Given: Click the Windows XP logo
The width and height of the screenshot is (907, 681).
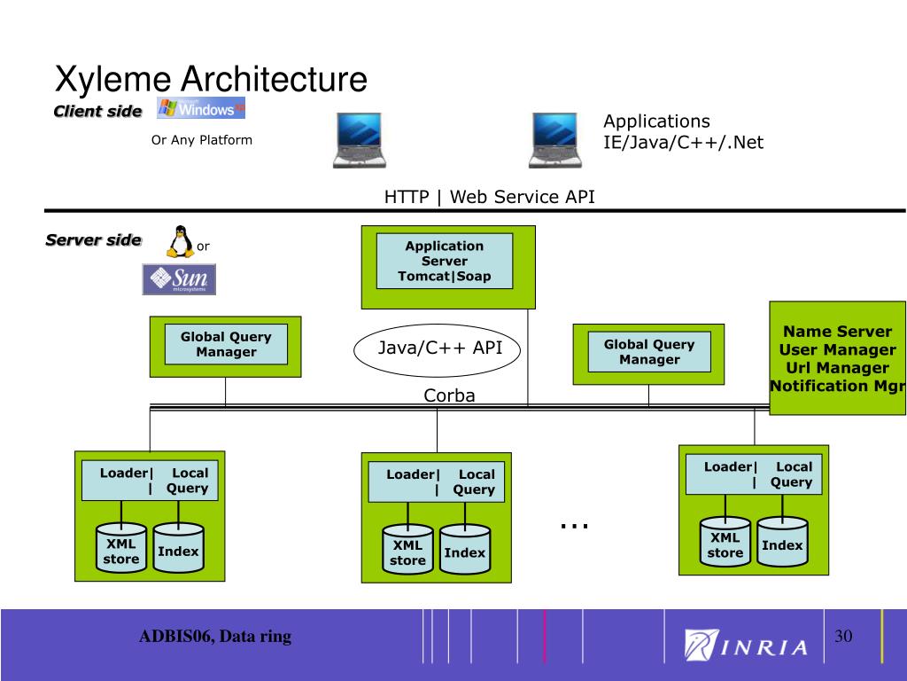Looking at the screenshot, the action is [x=201, y=107].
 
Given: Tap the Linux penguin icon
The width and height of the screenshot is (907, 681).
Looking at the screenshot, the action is [x=180, y=241].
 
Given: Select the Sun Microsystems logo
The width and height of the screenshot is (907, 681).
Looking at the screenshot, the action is [x=179, y=279].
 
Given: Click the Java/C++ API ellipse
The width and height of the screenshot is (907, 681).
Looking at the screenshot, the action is [x=438, y=350].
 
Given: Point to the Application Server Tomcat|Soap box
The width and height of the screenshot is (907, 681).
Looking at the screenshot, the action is [x=448, y=267].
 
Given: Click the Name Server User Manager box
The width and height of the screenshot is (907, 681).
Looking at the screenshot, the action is [x=838, y=358].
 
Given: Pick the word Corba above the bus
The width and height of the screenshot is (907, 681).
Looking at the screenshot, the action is [x=449, y=395].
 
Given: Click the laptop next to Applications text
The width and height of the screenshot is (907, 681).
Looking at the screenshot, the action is [x=555, y=140].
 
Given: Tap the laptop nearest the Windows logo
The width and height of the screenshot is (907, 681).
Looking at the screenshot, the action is [x=360, y=140].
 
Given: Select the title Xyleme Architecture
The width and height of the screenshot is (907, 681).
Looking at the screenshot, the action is [x=211, y=79].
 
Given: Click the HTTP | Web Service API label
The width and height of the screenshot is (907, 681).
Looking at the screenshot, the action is [x=489, y=197].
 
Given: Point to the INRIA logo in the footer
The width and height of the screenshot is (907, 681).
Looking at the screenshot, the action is [x=746, y=645].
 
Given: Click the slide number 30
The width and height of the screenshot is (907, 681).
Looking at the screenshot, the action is [x=843, y=637].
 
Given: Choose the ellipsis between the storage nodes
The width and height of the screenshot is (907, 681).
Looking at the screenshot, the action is [x=574, y=526].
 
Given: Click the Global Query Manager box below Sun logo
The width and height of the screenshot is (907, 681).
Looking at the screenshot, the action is [x=226, y=347].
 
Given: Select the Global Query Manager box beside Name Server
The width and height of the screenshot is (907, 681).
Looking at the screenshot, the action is [x=648, y=354].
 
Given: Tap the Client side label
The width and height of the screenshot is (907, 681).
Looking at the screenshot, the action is [x=97, y=111].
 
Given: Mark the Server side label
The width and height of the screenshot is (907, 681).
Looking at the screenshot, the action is [x=93, y=239].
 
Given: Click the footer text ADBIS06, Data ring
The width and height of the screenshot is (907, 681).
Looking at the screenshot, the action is [x=215, y=637].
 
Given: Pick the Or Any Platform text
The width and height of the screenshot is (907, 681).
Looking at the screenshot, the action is [x=202, y=140].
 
